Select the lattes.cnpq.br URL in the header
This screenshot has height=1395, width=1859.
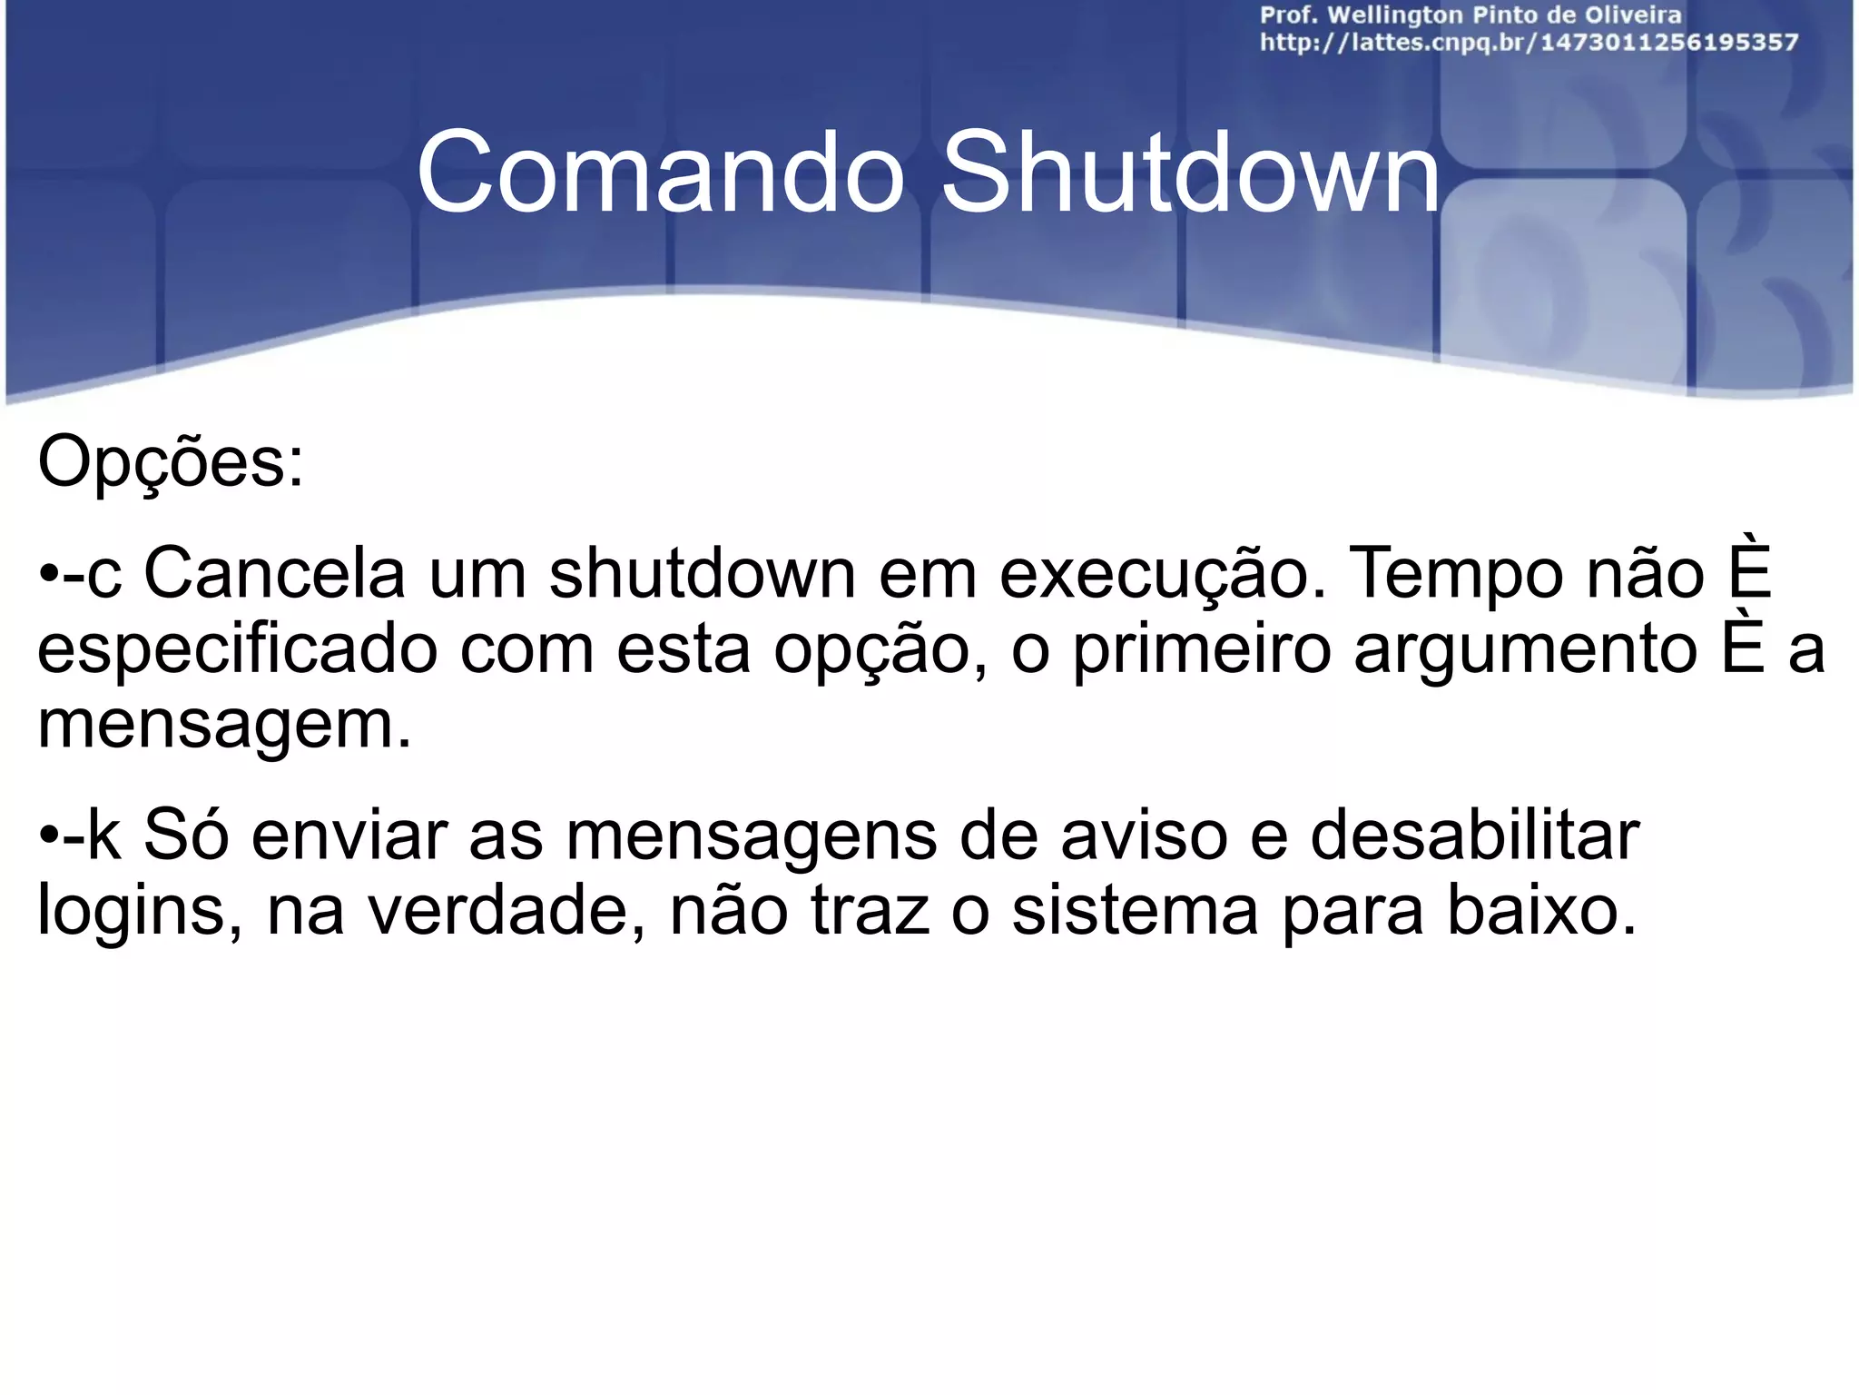pyautogui.click(x=1529, y=43)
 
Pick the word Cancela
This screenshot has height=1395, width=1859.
pyautogui.click(x=274, y=574)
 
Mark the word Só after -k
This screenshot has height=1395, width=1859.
pyautogui.click(x=186, y=836)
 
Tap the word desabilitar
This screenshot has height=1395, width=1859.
pyautogui.click(x=1474, y=836)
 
